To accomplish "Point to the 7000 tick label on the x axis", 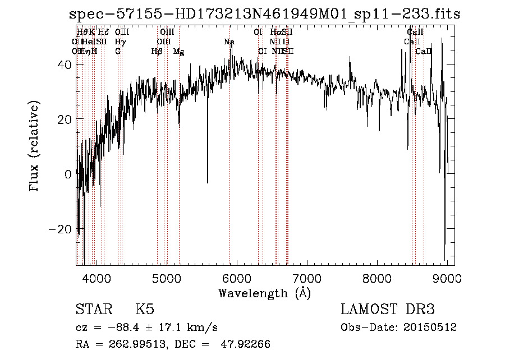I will tap(307, 278).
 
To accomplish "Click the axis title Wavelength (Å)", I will tap(264, 292).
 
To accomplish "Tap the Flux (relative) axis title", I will tap(35, 147).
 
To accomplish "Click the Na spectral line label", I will tap(229, 42).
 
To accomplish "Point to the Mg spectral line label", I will tap(178, 52).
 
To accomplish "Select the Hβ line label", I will tap(157, 52).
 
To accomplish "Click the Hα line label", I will tap(275, 33).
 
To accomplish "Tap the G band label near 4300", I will tap(118, 52).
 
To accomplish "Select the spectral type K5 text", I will tap(145, 310).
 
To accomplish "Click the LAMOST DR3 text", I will tap(388, 310).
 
